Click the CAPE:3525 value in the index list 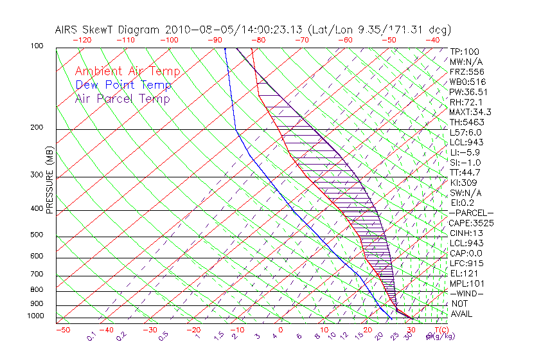472,223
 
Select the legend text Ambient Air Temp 127,71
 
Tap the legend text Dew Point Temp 123,85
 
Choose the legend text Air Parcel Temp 123,98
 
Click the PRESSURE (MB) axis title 49,183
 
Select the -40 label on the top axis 433,39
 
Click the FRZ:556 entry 465,71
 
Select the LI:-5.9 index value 465,152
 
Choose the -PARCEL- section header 472,213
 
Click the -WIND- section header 467,293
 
